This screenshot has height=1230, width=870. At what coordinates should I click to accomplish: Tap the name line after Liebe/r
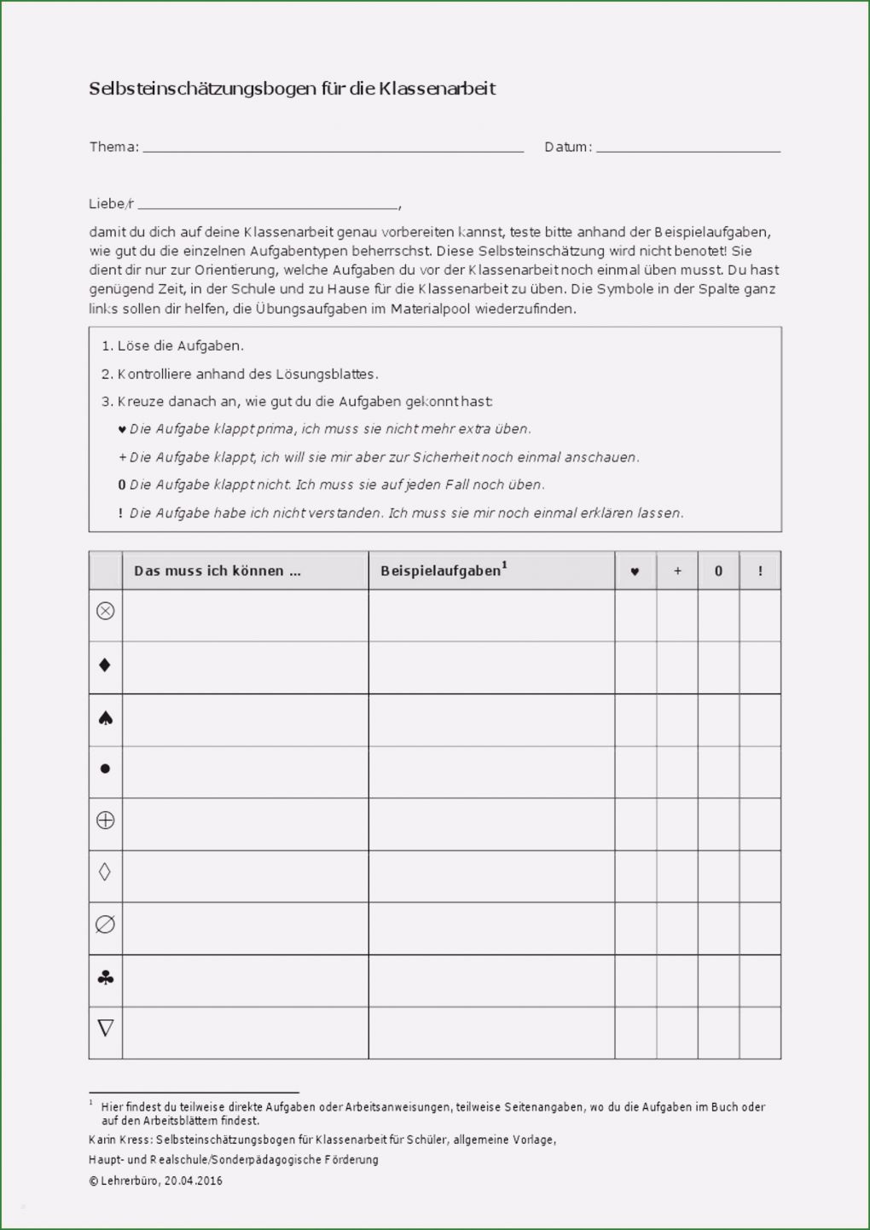click(x=268, y=206)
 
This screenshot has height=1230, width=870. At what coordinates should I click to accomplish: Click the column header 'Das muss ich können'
click(x=217, y=571)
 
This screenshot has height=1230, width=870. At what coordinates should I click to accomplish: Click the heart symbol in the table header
click(x=635, y=571)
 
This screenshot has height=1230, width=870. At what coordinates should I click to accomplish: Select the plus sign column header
click(x=677, y=571)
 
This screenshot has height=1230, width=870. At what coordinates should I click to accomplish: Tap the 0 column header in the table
click(x=718, y=571)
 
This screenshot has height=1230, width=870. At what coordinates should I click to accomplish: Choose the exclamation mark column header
click(x=760, y=571)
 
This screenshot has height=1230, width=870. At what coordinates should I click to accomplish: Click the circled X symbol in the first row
click(x=106, y=611)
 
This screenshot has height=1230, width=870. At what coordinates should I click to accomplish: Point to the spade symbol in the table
click(x=106, y=718)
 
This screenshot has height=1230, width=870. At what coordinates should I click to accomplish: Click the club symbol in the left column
click(x=106, y=978)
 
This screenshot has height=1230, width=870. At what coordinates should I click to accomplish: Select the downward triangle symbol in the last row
click(x=106, y=1028)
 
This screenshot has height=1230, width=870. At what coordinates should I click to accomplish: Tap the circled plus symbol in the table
click(x=106, y=821)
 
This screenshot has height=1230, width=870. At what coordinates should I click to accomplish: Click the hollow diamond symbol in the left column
click(x=106, y=872)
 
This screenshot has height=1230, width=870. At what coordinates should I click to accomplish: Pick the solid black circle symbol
click(x=106, y=769)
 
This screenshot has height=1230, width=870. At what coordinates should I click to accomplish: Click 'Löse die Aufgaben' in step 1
click(x=180, y=346)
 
